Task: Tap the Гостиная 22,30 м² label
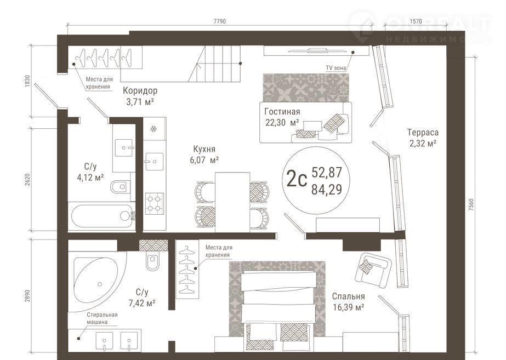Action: tap(282, 117)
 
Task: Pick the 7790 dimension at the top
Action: tap(220, 21)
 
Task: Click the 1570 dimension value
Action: tap(416, 21)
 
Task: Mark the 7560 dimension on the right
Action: tap(471, 205)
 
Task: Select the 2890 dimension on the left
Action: tap(27, 296)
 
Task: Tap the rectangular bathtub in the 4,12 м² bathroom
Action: tap(102, 216)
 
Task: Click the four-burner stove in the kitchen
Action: tap(154, 203)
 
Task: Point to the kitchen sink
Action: tap(154, 161)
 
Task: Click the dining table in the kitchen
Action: tap(232, 202)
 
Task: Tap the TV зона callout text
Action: tap(336, 68)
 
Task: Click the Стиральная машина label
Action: tap(102, 318)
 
